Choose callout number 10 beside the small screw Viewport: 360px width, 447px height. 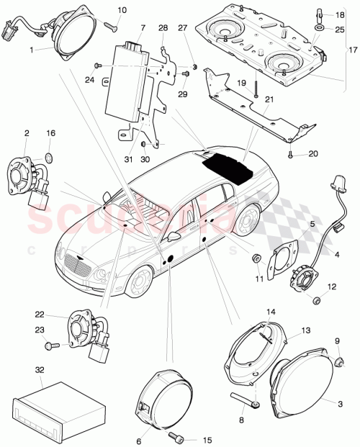(121, 10)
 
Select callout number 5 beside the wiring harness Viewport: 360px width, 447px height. (312, 224)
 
